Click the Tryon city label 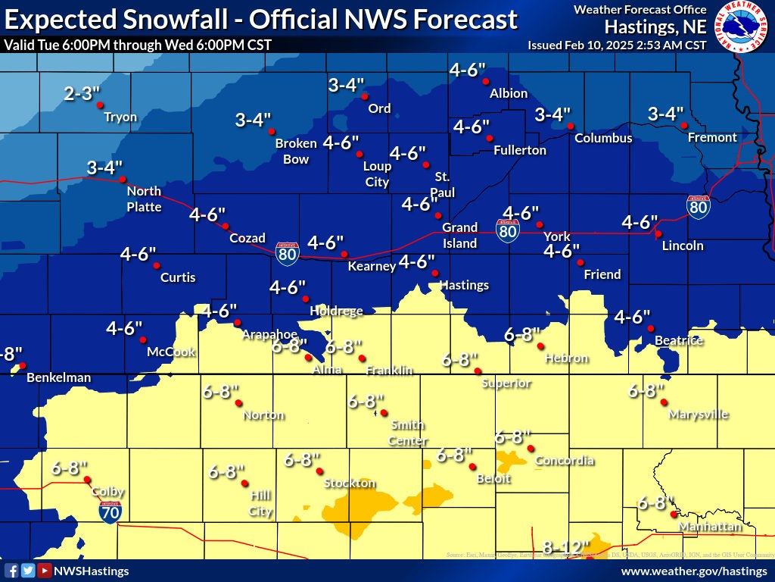click(x=120, y=117)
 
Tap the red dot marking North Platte click(x=123, y=180)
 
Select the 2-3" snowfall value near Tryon click(x=82, y=94)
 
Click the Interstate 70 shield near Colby click(x=109, y=512)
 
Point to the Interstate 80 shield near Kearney click(x=287, y=253)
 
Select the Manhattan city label click(x=709, y=527)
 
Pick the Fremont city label click(x=711, y=137)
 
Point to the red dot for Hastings click(x=434, y=273)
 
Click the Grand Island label click(x=459, y=235)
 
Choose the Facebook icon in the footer click(x=11, y=571)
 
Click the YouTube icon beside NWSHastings click(x=45, y=571)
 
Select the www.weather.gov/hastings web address click(x=693, y=571)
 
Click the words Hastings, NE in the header click(x=655, y=27)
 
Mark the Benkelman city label click(x=58, y=377)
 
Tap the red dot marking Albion click(x=486, y=81)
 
